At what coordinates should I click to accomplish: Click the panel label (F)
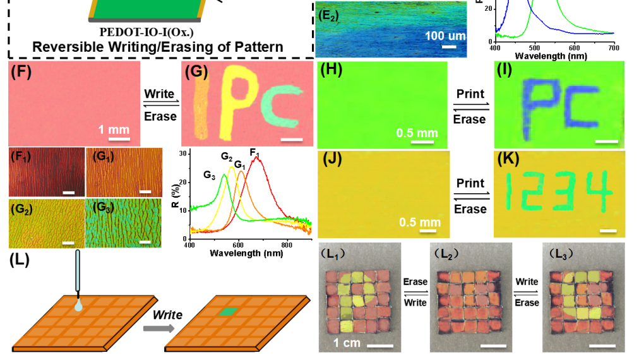21,71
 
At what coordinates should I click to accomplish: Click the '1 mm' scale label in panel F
114,129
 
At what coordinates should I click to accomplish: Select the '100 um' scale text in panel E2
445,35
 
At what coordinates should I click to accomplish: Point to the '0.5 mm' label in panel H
417,133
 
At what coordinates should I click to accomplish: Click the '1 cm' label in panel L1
347,343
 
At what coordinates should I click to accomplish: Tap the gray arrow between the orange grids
158,328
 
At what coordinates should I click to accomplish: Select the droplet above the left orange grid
78,305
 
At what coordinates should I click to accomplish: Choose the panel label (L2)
446,254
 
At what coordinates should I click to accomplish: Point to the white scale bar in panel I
606,140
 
